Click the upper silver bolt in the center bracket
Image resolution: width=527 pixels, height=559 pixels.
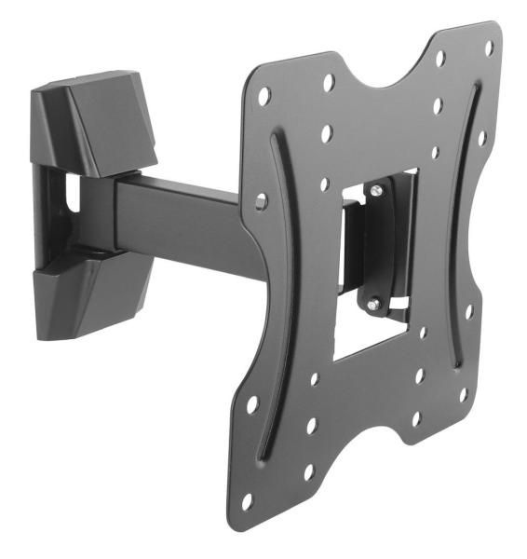click(374, 191)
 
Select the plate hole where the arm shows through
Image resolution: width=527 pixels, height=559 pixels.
click(262, 200)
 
